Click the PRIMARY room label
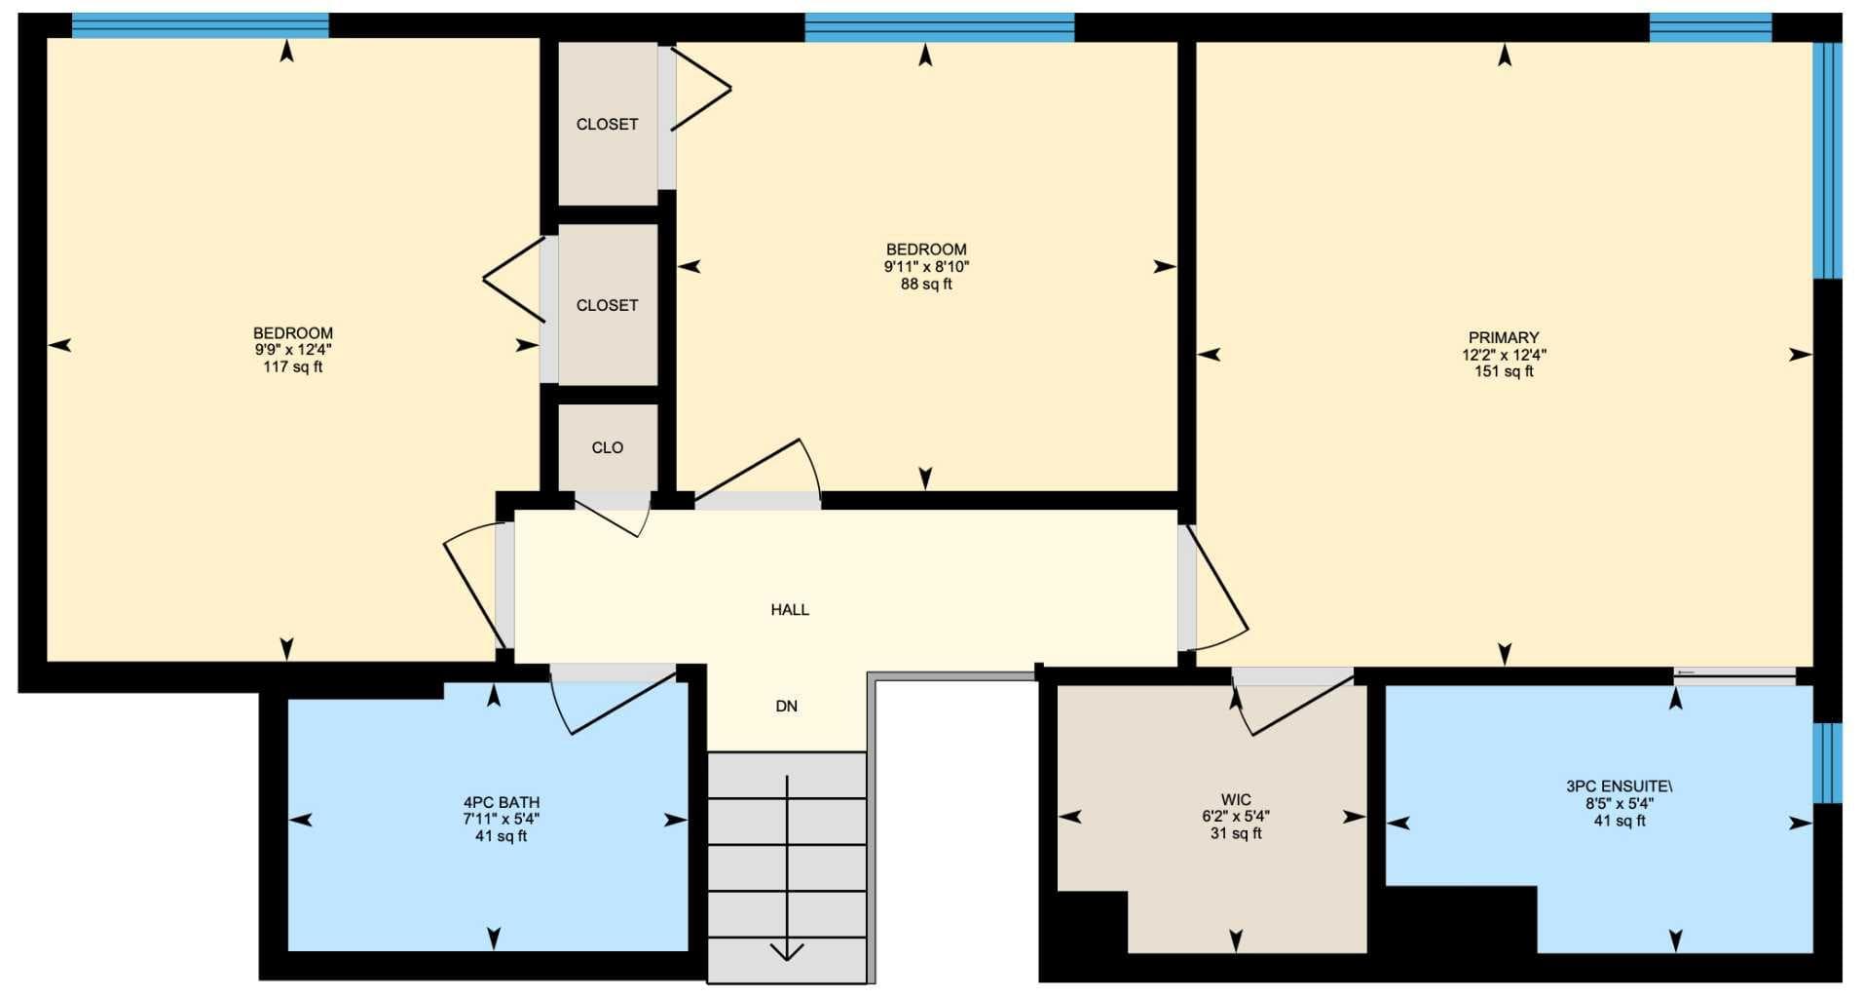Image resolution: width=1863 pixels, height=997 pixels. click(x=1504, y=337)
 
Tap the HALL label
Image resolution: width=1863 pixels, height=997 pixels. click(x=790, y=609)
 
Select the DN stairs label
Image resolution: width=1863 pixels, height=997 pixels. click(x=787, y=706)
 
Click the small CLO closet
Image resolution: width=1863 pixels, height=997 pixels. click(x=608, y=447)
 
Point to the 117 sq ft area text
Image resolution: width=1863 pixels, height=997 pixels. click(x=293, y=367)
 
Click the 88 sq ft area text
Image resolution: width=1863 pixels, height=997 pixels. click(x=926, y=285)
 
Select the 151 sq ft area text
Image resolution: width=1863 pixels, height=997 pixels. click(x=1504, y=371)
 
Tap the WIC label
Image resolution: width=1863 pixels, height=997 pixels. click(x=1236, y=800)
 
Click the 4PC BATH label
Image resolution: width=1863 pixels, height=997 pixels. click(x=502, y=803)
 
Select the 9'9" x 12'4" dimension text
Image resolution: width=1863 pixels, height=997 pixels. click(x=293, y=350)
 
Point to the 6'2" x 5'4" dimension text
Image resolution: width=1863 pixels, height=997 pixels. click(x=1236, y=817)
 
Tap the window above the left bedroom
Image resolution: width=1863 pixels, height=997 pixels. click(x=201, y=25)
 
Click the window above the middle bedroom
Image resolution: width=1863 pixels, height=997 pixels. click(x=940, y=27)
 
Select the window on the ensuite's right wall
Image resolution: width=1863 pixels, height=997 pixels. click(x=1827, y=763)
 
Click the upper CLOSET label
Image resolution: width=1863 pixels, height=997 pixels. click(x=608, y=124)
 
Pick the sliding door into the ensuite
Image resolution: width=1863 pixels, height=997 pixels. click(x=1734, y=672)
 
